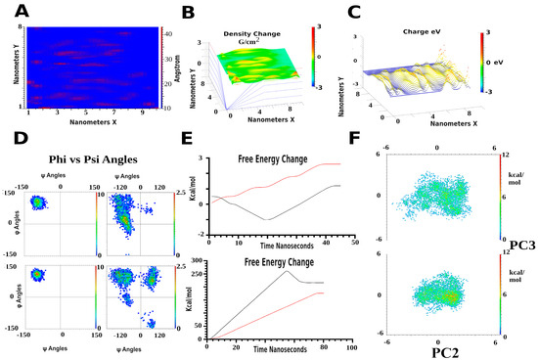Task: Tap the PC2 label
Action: pyautogui.click(x=437, y=347)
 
